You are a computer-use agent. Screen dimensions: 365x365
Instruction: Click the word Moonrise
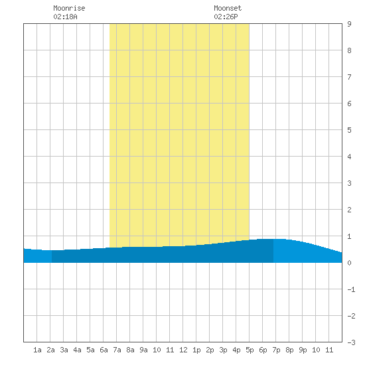pyautogui.click(x=69, y=8)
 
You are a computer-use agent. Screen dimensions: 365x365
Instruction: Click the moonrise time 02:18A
pyautogui.click(x=65, y=17)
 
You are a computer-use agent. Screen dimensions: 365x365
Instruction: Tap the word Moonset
pyautogui.click(x=228, y=8)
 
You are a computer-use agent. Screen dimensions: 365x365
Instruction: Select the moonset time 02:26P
pyautogui.click(x=226, y=17)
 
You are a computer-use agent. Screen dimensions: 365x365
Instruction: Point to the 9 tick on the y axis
pyautogui.click(x=349, y=24)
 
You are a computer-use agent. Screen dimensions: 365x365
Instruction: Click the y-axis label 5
pyautogui.click(x=349, y=130)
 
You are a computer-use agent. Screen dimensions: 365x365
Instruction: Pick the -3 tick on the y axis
pyautogui.click(x=351, y=342)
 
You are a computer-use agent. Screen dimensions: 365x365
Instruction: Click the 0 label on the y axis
pyautogui.click(x=349, y=263)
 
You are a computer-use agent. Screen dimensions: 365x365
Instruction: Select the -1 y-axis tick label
pyautogui.click(x=351, y=289)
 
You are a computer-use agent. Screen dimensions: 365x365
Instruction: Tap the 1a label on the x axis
pyautogui.click(x=37, y=350)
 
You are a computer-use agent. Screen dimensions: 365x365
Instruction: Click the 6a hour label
pyautogui.click(x=104, y=350)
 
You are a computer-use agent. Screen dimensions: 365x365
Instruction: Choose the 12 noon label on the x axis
pyautogui.click(x=183, y=350)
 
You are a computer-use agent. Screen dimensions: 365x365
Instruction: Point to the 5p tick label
pyautogui.click(x=250, y=350)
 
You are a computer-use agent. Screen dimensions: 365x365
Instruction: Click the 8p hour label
pyautogui.click(x=289, y=350)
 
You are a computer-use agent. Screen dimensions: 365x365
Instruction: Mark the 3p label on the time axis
pyautogui.click(x=223, y=350)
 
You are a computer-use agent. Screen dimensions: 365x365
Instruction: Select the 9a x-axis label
pyautogui.click(x=143, y=350)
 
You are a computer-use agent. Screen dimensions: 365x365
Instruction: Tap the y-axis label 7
pyautogui.click(x=349, y=77)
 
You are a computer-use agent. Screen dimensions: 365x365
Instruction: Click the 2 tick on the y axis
pyautogui.click(x=349, y=210)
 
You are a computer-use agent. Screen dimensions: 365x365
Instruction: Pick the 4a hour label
pyautogui.click(x=77, y=350)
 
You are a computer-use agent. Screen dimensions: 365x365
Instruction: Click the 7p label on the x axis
pyautogui.click(x=276, y=350)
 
